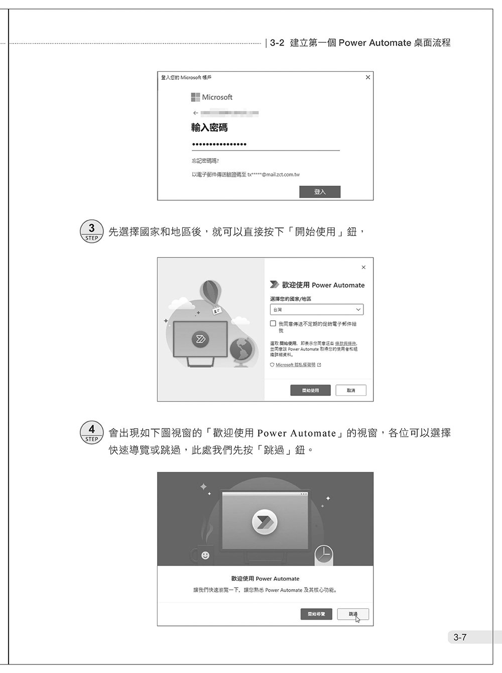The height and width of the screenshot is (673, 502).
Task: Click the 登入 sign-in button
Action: (320, 192)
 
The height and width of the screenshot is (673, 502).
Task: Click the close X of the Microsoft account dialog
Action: (368, 77)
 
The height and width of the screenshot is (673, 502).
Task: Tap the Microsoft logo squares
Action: (195, 97)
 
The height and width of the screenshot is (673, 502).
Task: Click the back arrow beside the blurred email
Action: (195, 113)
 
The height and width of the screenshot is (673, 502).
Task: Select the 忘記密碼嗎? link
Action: (205, 161)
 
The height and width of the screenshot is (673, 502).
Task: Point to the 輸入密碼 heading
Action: (209, 128)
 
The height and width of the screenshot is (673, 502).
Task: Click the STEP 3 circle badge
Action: (91, 231)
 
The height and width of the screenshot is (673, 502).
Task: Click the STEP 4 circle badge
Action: (91, 432)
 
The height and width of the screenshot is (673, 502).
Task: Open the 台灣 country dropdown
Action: (317, 310)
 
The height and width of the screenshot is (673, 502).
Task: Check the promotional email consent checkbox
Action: (273, 324)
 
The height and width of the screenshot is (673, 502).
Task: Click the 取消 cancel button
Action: (351, 390)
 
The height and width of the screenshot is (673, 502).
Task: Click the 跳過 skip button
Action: (353, 614)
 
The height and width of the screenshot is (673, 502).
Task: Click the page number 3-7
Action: (460, 637)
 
